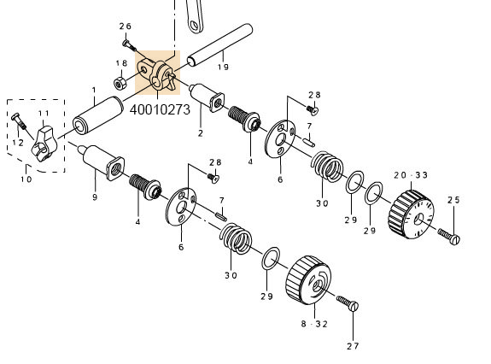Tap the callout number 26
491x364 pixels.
pyautogui.click(x=126, y=26)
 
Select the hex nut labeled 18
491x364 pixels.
pyautogui.click(x=120, y=82)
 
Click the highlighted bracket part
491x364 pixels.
pyautogui.click(x=156, y=74)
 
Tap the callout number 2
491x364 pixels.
pyautogui.click(x=200, y=133)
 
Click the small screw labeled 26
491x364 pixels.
pyautogui.click(x=126, y=43)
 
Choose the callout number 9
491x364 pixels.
pyautogui.click(x=95, y=197)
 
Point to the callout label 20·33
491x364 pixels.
pyautogui.click(x=410, y=174)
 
